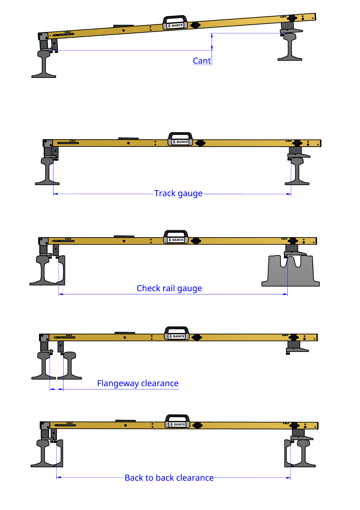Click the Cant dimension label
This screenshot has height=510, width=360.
tap(202, 61)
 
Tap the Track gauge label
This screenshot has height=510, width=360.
tap(178, 193)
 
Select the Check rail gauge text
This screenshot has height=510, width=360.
tap(169, 288)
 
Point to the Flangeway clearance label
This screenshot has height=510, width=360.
tap(138, 383)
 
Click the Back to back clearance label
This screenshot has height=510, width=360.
tap(169, 478)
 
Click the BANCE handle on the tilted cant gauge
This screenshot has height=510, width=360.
tap(175, 22)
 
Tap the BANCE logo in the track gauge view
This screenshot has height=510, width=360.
tap(181, 142)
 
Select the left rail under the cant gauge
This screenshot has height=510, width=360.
tap(44, 64)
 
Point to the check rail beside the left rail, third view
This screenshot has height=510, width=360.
tap(61, 270)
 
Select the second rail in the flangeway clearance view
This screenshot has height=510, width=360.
tap(70, 366)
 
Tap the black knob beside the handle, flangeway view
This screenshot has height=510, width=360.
tap(197, 337)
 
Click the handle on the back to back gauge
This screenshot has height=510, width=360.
tap(177, 421)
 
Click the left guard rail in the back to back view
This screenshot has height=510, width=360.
tap(59, 453)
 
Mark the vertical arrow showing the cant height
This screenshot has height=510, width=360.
tap(212, 42)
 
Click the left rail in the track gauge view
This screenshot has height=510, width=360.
tap(47, 171)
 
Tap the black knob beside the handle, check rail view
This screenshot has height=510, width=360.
tap(196, 241)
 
